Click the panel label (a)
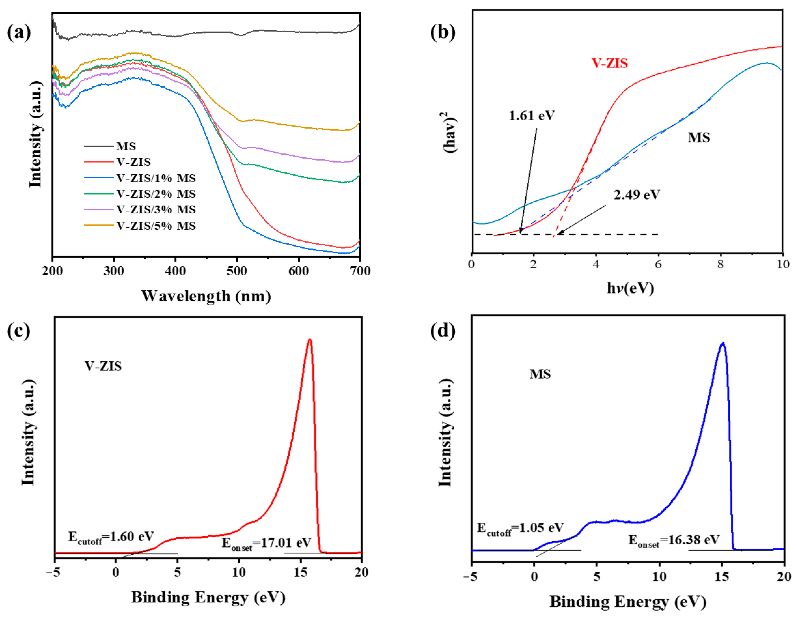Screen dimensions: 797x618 (19, 33)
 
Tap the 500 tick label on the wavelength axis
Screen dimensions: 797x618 (237, 271)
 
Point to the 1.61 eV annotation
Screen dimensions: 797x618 (532, 115)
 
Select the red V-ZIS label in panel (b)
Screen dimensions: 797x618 (610, 63)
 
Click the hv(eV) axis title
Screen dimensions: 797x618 (630, 288)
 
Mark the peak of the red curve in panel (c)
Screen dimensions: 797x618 (310, 340)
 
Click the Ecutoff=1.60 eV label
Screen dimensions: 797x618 (111, 537)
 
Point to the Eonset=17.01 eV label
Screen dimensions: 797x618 (267, 543)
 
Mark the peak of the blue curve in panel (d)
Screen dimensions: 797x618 (723, 343)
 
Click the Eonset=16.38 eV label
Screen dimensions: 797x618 (674, 540)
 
